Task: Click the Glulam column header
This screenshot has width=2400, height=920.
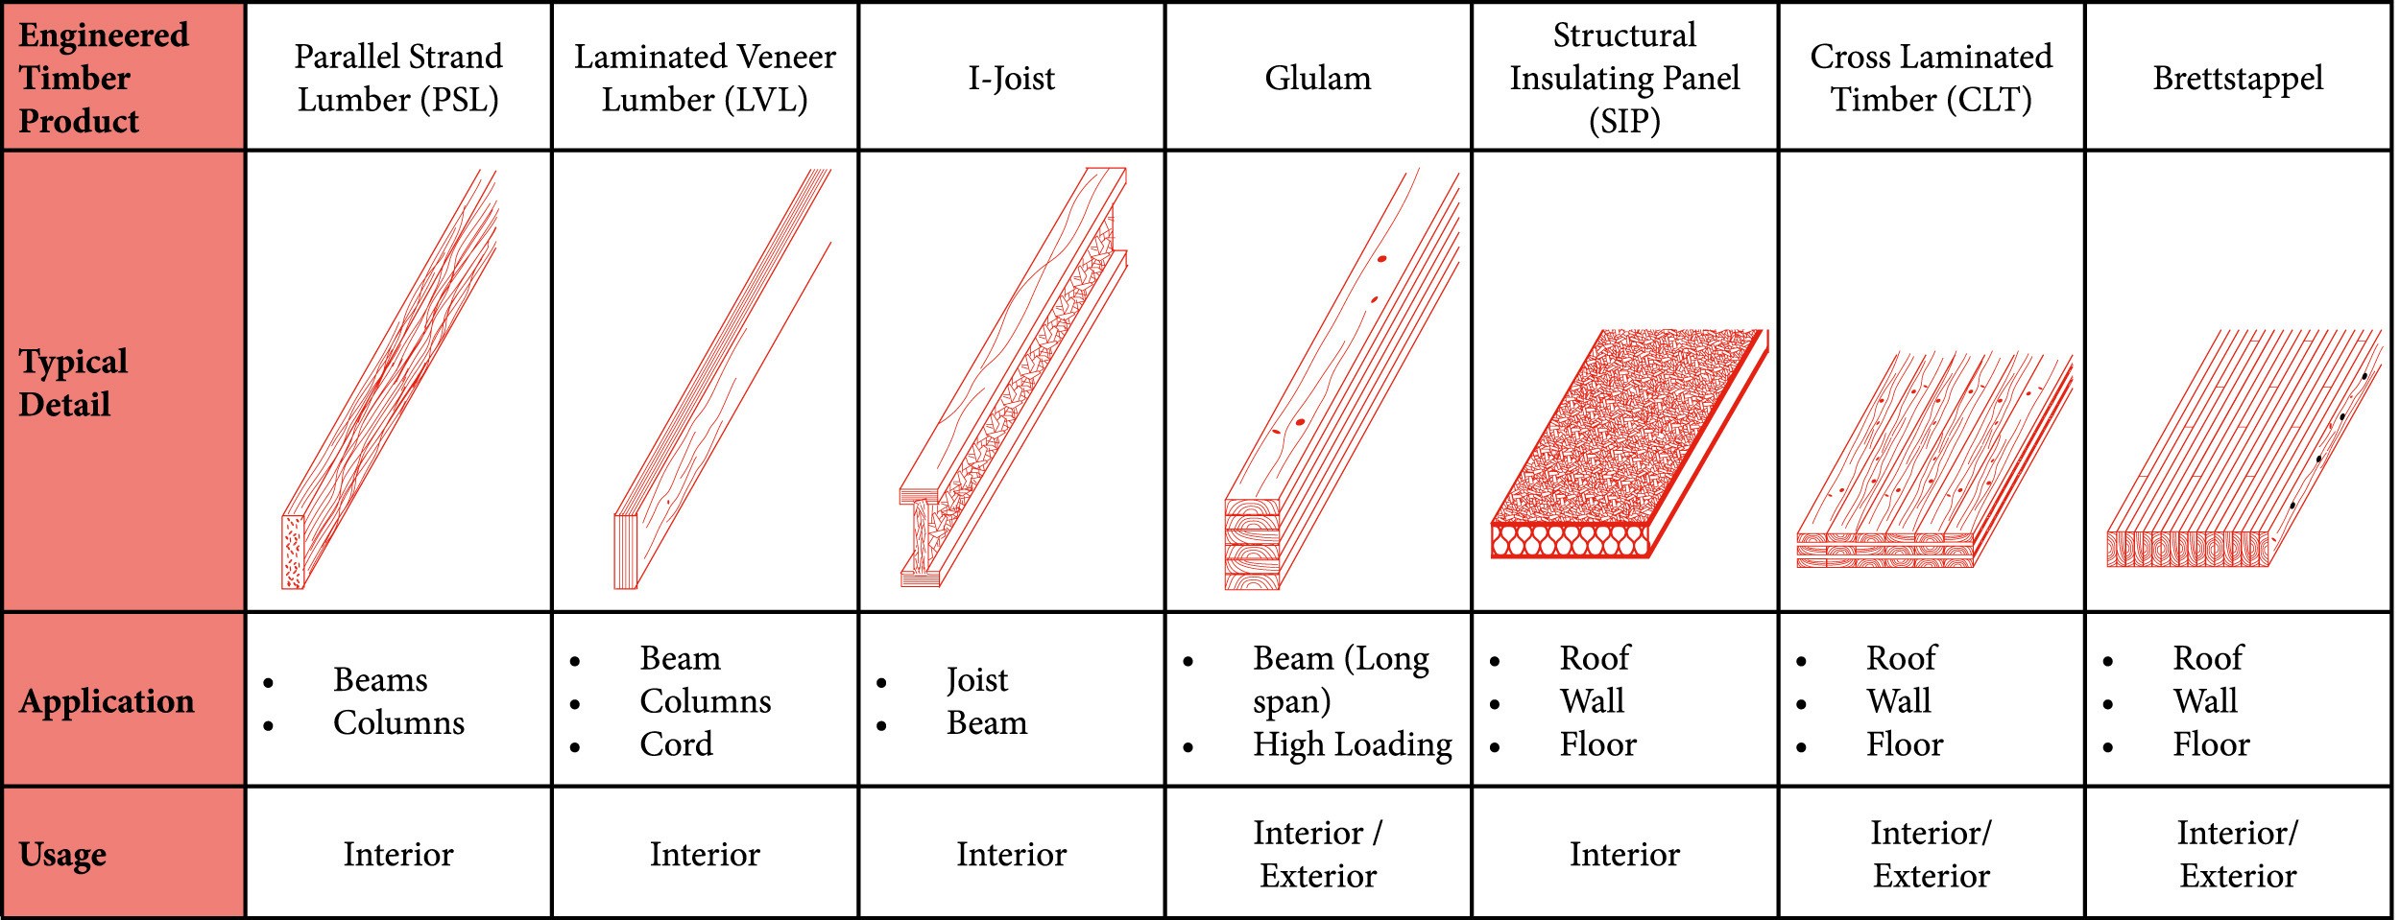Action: tap(1318, 78)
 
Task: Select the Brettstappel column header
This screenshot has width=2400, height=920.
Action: tap(2238, 79)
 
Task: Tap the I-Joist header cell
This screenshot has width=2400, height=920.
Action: tap(1011, 78)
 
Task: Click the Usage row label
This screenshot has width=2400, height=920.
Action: tap(62, 855)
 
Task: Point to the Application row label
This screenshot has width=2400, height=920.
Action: tap(107, 701)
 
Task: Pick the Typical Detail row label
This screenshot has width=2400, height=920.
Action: tap(73, 383)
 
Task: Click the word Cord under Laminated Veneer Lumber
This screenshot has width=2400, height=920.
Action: tap(677, 744)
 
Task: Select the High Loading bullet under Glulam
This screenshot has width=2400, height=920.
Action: tap(1353, 745)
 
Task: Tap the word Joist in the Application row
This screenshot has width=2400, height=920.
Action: tap(977, 680)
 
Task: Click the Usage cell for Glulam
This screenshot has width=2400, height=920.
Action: tap(1318, 854)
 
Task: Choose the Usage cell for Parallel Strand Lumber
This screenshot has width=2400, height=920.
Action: tap(398, 855)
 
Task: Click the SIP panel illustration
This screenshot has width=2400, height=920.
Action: tap(1629, 443)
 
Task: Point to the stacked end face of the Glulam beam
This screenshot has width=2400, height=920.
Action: tap(1253, 543)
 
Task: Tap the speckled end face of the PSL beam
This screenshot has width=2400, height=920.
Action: tap(293, 552)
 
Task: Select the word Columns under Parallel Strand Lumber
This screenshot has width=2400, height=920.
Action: tap(398, 723)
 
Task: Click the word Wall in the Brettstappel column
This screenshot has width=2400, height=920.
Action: tap(2205, 701)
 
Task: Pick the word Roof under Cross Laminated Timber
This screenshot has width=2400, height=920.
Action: tap(1901, 658)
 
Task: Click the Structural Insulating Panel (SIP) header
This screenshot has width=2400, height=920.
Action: tap(1624, 78)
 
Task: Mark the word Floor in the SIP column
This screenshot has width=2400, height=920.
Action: tap(1597, 744)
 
